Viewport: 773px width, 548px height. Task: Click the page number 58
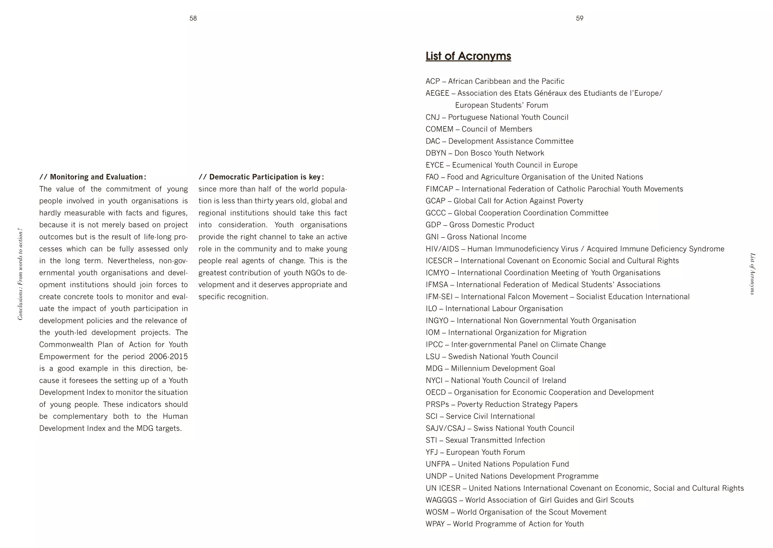pyautogui.click(x=193, y=18)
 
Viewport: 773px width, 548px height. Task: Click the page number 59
pyautogui.click(x=579, y=18)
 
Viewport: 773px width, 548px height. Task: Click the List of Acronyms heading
pyautogui.click(x=468, y=56)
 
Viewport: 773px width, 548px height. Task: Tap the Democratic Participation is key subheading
pyautogui.click(x=261, y=177)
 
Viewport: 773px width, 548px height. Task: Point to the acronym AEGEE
pyautogui.click(x=437, y=93)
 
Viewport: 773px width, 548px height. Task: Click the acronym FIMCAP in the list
pyautogui.click(x=439, y=189)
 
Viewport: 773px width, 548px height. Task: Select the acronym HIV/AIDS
pyautogui.click(x=443, y=249)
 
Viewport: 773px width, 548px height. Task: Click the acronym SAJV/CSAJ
pyautogui.click(x=445, y=428)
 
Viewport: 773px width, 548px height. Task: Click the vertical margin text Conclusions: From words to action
pyautogui.click(x=20, y=274)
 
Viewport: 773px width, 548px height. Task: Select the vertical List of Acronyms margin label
pyautogui.click(x=752, y=274)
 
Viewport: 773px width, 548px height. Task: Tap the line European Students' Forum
pyautogui.click(x=501, y=105)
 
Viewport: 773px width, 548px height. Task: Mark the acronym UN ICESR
pyautogui.click(x=443, y=488)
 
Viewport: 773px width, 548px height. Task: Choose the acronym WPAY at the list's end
pyautogui.click(x=435, y=524)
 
